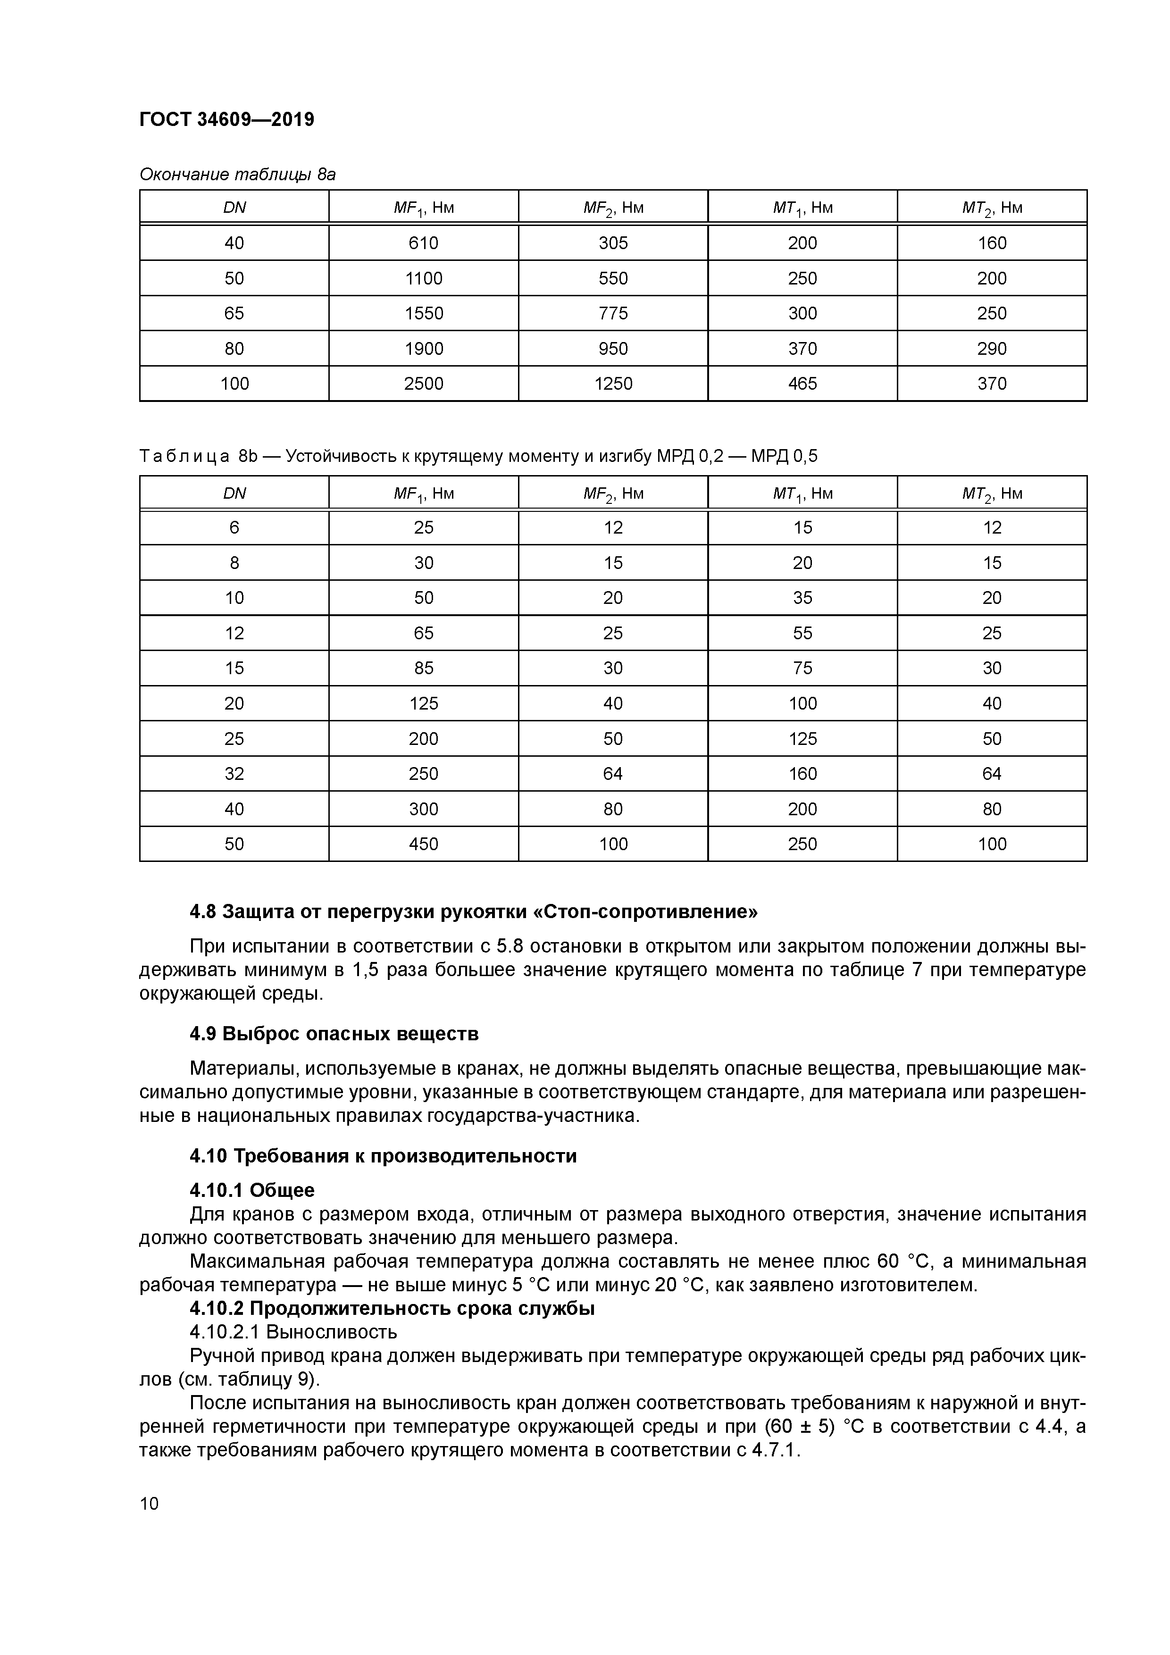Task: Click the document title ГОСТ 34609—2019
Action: [x=226, y=119]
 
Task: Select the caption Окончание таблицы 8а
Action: [x=237, y=175]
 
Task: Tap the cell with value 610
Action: [x=423, y=243]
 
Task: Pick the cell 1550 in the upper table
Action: [x=423, y=313]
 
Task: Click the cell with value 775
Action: [x=613, y=313]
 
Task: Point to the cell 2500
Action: [x=423, y=384]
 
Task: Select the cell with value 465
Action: [x=802, y=384]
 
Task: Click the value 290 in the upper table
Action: [x=992, y=348]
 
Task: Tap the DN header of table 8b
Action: [x=234, y=493]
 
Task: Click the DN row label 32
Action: [x=234, y=773]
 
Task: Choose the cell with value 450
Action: [x=423, y=844]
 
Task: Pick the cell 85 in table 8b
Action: [x=423, y=668]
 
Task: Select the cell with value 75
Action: [x=802, y=668]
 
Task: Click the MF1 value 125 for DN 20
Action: [x=423, y=703]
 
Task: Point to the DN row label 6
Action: [x=234, y=527]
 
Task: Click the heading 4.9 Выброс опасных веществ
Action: [x=334, y=1034]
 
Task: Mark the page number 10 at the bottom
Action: [x=149, y=1504]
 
